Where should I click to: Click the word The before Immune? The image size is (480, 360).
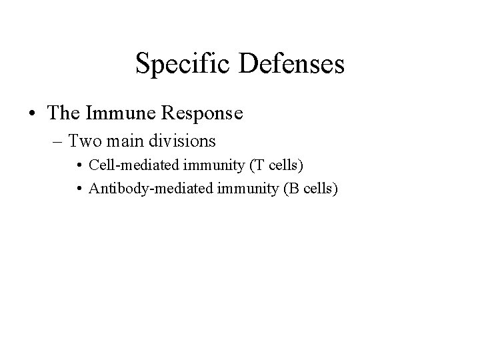click(x=63, y=113)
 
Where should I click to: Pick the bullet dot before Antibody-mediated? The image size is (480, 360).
click(x=80, y=190)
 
